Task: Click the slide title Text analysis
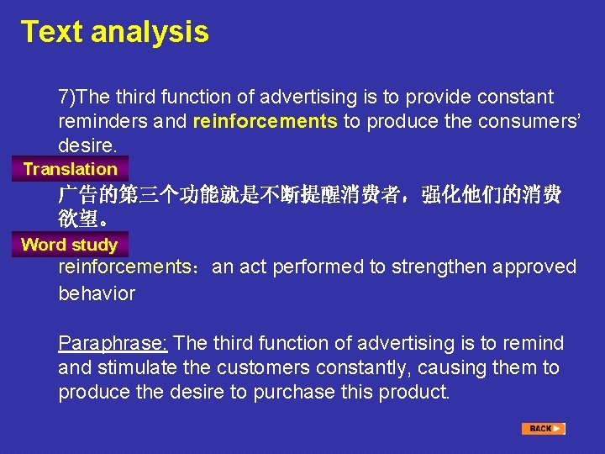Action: tap(114, 32)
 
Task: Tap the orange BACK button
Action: tap(543, 429)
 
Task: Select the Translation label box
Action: tap(70, 169)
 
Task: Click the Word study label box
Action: tap(69, 245)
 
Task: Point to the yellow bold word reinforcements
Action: tap(265, 121)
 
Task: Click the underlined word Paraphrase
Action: tap(113, 343)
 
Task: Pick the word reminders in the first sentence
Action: tap(98, 121)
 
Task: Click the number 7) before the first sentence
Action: tap(66, 97)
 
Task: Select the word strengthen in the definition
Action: tap(440, 267)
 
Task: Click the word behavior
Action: tap(96, 293)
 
